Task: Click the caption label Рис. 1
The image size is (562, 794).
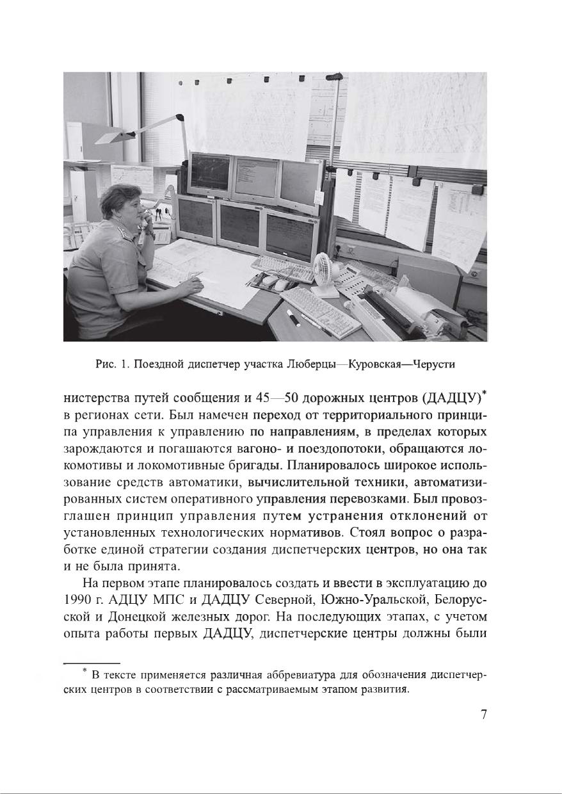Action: tap(106, 364)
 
